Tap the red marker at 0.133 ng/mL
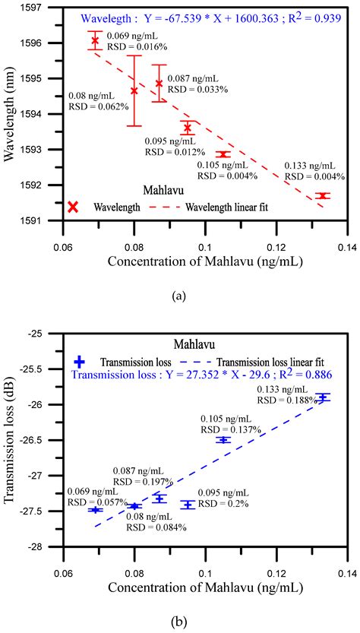pos(323,195)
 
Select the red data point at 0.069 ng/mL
pos(95,40)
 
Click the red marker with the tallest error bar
pos(134,90)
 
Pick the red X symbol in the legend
pos(73,207)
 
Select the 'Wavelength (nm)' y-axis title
pos(11,114)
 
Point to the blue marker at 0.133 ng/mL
pos(323,397)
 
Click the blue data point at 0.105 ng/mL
pos(223,440)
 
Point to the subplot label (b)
pos(179,622)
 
